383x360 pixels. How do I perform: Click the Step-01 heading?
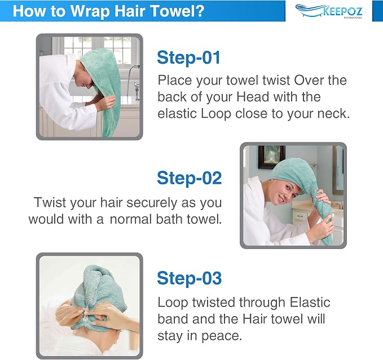188,58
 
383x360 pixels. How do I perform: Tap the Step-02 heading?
190,178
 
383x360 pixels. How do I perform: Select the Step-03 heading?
190,278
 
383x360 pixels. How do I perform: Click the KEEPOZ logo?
329,11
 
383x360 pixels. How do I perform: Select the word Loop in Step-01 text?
215,114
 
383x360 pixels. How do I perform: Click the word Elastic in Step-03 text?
310,303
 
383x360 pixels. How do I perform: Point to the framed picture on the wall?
272,157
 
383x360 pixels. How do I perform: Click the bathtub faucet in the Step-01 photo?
137,91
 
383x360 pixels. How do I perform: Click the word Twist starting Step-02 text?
50,203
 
